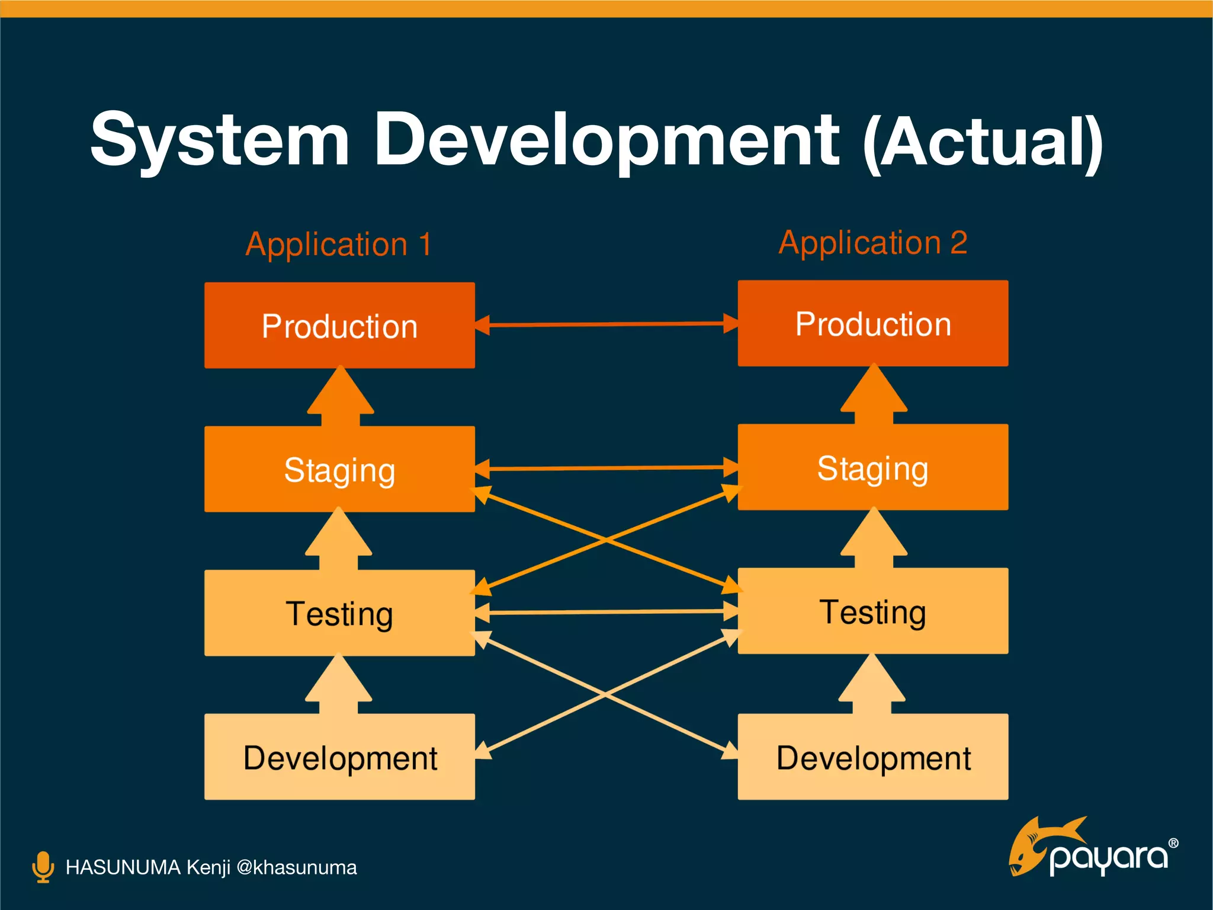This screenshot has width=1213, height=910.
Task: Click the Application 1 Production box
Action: pos(339,325)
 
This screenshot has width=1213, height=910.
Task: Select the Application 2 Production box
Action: pos(872,323)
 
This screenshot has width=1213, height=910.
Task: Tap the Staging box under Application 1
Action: pos(339,469)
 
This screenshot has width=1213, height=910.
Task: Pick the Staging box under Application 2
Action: pos(872,467)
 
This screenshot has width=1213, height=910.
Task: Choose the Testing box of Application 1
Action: pos(339,613)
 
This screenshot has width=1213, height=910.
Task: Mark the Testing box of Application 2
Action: pos(872,611)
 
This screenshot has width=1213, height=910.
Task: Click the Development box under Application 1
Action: pos(339,757)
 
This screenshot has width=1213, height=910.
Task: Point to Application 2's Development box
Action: pos(872,757)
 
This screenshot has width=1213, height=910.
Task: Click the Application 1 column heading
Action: pos(339,244)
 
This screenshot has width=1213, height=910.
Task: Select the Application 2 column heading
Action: pos(873,242)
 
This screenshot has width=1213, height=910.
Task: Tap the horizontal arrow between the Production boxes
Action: pos(606,325)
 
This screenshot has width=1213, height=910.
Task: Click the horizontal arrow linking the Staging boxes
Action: pos(606,468)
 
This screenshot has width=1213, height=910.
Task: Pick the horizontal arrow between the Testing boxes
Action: pos(606,612)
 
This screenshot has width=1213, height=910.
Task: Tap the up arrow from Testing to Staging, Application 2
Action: pos(874,539)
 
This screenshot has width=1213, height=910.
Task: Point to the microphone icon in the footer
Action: pos(43,867)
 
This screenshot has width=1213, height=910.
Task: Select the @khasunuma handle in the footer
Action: pos(296,867)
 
